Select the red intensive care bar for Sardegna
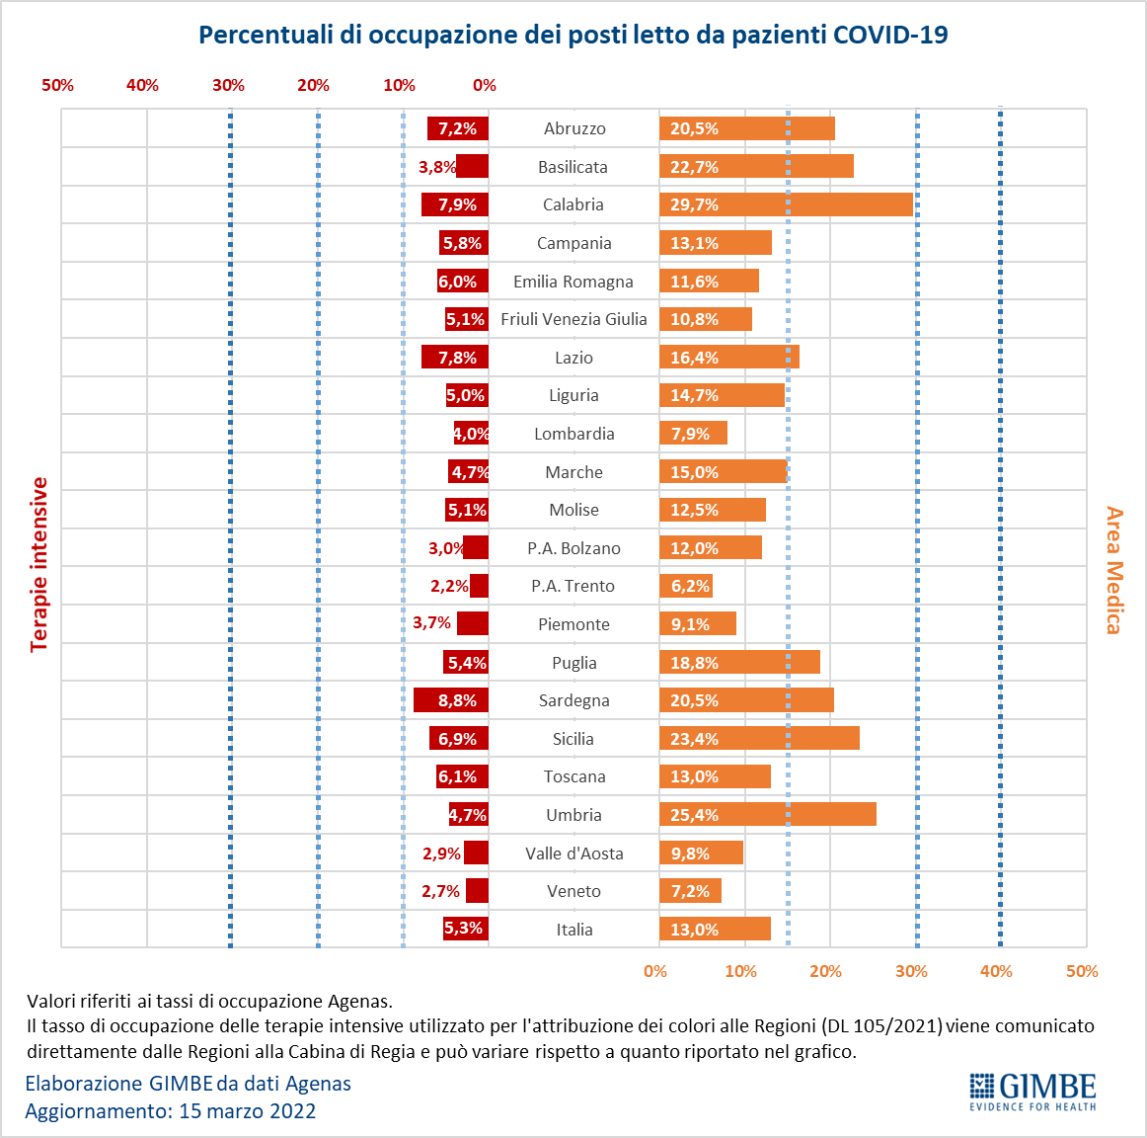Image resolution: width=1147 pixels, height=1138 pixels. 450,700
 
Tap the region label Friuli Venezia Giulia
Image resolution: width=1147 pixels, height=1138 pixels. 573,319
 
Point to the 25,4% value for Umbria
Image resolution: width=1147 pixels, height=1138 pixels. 695,815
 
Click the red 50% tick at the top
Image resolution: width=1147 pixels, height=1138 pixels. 57,85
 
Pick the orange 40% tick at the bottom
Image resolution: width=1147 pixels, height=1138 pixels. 996,971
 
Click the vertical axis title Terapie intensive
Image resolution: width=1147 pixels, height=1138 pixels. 39,564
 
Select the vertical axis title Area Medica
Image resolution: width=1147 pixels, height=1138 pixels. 1114,570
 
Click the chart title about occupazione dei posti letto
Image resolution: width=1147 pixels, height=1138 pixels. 573,35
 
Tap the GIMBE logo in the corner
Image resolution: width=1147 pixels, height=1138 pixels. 1032,1092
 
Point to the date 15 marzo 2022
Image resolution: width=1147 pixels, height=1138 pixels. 247,1110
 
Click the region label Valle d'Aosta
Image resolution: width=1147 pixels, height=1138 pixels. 573,853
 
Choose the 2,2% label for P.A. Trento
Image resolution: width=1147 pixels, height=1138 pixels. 449,586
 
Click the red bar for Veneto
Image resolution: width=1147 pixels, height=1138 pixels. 477,891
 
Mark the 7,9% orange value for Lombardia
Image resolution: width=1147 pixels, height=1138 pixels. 690,434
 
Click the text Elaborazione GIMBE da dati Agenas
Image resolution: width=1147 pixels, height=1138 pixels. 188,1083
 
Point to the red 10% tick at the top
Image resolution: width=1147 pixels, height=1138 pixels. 399,85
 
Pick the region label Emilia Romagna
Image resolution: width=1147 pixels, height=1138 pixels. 573,282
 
